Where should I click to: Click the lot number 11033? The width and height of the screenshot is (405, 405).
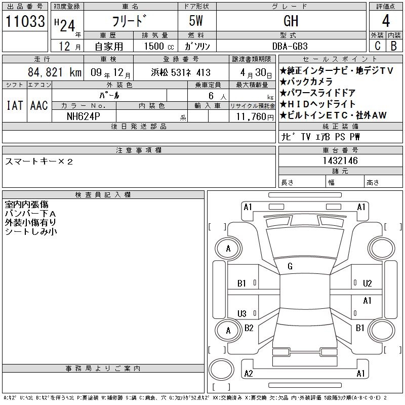click(25, 21)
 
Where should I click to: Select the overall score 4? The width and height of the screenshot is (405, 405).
click(386, 21)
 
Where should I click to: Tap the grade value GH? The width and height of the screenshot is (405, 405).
click(291, 21)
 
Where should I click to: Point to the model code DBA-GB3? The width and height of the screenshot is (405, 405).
click(290, 46)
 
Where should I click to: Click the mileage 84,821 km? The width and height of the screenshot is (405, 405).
click(55, 72)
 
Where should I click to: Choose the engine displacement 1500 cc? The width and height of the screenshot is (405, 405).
click(159, 46)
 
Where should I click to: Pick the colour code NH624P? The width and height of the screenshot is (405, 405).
click(83, 116)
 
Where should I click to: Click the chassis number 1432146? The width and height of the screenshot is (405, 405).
click(340, 160)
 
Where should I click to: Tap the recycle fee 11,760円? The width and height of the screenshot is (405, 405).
click(255, 117)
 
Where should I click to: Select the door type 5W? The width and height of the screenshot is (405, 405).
click(196, 21)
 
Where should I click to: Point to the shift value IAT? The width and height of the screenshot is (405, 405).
click(15, 105)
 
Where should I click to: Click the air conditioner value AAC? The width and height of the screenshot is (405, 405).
click(39, 105)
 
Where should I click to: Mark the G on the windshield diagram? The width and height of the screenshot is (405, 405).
click(290, 266)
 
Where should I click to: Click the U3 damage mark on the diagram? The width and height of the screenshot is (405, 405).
click(242, 313)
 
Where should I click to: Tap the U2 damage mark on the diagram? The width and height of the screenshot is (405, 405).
click(368, 283)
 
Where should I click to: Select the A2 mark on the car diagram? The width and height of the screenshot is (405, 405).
click(249, 374)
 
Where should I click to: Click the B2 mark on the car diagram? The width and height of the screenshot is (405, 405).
click(249, 328)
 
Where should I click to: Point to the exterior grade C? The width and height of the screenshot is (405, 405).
click(377, 46)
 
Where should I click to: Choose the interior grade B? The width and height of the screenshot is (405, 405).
click(394, 46)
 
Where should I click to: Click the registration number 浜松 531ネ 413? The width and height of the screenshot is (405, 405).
click(181, 72)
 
